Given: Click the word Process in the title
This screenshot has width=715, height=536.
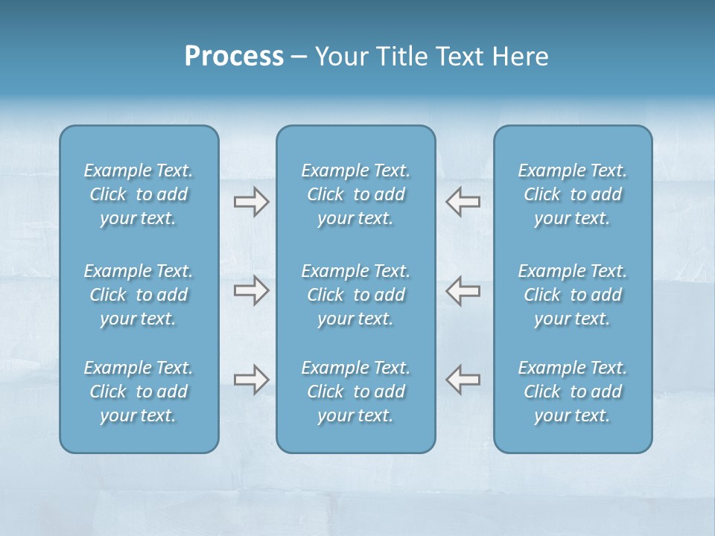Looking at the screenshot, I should pyautogui.click(x=234, y=57).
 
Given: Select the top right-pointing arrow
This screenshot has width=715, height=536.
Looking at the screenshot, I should pyautogui.click(x=251, y=202).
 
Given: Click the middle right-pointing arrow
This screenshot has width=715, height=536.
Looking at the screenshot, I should pyautogui.click(x=251, y=290).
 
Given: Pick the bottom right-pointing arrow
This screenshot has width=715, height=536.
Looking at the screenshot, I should pyautogui.click(x=251, y=380).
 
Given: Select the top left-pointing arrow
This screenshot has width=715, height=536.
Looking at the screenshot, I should pyautogui.click(x=463, y=202).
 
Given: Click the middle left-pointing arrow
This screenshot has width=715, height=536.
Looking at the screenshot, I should pyautogui.click(x=463, y=290).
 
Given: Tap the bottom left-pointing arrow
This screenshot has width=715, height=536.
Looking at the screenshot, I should pyautogui.click(x=463, y=380).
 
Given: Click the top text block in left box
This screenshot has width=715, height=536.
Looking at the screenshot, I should pyautogui.click(x=139, y=194).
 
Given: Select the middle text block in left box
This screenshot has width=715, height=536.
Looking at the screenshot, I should pyautogui.click(x=139, y=295).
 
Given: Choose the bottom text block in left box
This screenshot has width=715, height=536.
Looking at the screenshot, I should pyautogui.click(x=139, y=392).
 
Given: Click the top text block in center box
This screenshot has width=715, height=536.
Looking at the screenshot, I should pyautogui.click(x=355, y=194).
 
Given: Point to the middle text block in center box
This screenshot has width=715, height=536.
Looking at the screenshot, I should pyautogui.click(x=355, y=295).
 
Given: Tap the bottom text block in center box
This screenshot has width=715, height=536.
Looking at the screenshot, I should pyautogui.click(x=355, y=392).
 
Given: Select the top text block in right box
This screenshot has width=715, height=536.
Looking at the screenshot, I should pyautogui.click(x=573, y=194).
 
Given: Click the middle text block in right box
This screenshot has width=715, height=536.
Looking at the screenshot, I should pyautogui.click(x=573, y=295).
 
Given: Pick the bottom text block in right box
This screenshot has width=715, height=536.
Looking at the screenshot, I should pyautogui.click(x=573, y=392).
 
